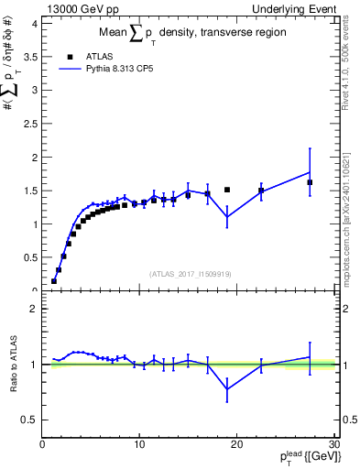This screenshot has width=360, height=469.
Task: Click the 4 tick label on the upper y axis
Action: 35,23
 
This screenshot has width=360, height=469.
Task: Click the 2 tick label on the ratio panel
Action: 35,309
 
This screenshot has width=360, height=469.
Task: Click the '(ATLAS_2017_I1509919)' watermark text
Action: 189,274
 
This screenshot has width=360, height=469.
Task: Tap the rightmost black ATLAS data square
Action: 310,182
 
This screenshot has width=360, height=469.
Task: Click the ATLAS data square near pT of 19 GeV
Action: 227,190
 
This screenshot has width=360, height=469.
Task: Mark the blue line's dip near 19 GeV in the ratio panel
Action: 227,388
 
